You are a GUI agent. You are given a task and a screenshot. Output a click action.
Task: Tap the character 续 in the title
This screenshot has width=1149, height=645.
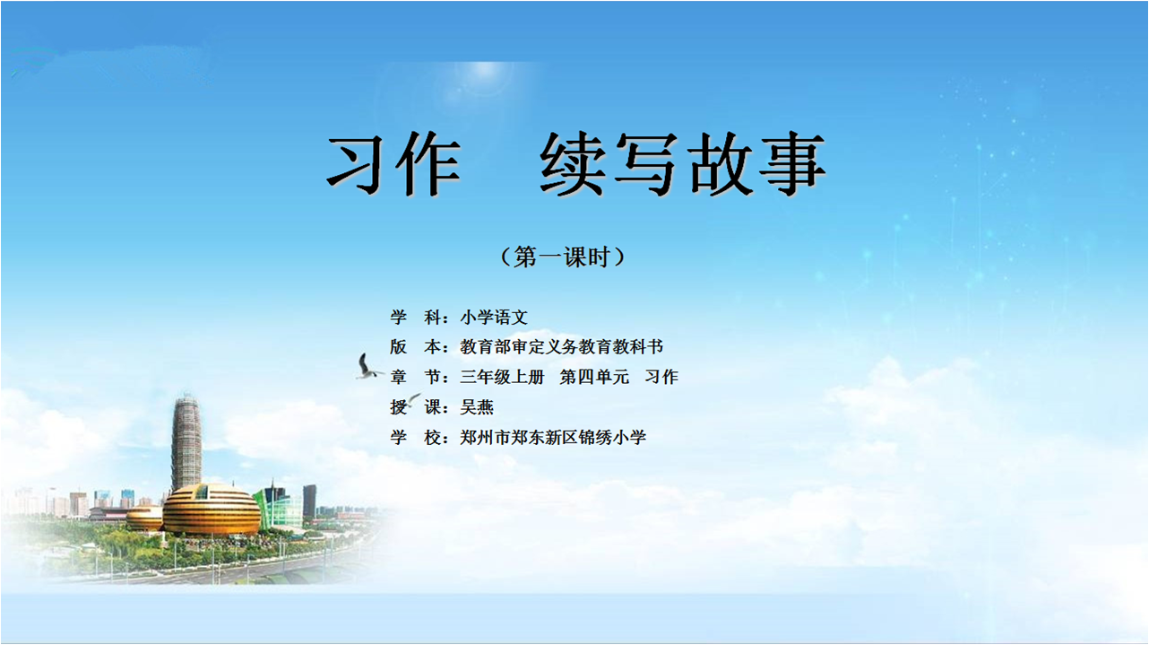pyautogui.click(x=573, y=163)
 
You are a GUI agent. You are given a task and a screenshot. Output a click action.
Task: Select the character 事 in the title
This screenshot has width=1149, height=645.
pyautogui.click(x=792, y=163)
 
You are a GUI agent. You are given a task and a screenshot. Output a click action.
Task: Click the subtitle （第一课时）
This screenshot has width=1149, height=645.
pyautogui.click(x=563, y=257)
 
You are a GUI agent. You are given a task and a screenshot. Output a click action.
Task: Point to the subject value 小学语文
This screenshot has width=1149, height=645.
pyautogui.click(x=494, y=317)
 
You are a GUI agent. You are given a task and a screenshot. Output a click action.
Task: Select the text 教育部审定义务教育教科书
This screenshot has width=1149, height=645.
pyautogui.click(x=562, y=346)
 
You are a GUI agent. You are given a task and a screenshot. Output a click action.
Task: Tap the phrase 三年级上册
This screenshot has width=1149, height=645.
pyautogui.click(x=502, y=377)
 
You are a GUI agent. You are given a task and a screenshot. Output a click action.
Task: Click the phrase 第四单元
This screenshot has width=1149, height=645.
pyautogui.click(x=594, y=377)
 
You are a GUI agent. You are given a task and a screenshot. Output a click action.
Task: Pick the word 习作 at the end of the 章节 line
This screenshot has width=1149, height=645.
pyautogui.click(x=661, y=377)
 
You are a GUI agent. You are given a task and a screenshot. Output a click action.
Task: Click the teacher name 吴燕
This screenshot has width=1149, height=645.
pyautogui.click(x=477, y=407)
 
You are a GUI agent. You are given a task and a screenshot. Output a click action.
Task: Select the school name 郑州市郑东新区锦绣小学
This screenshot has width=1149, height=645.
pyautogui.click(x=553, y=438)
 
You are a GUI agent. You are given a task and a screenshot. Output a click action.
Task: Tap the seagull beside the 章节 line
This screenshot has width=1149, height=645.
pyautogui.click(x=367, y=368)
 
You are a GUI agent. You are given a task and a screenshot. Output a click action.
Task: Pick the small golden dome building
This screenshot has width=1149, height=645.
pyautogui.click(x=144, y=518)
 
